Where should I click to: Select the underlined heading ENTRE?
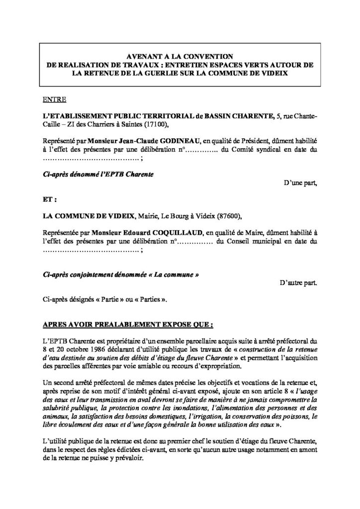tap(51, 100)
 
